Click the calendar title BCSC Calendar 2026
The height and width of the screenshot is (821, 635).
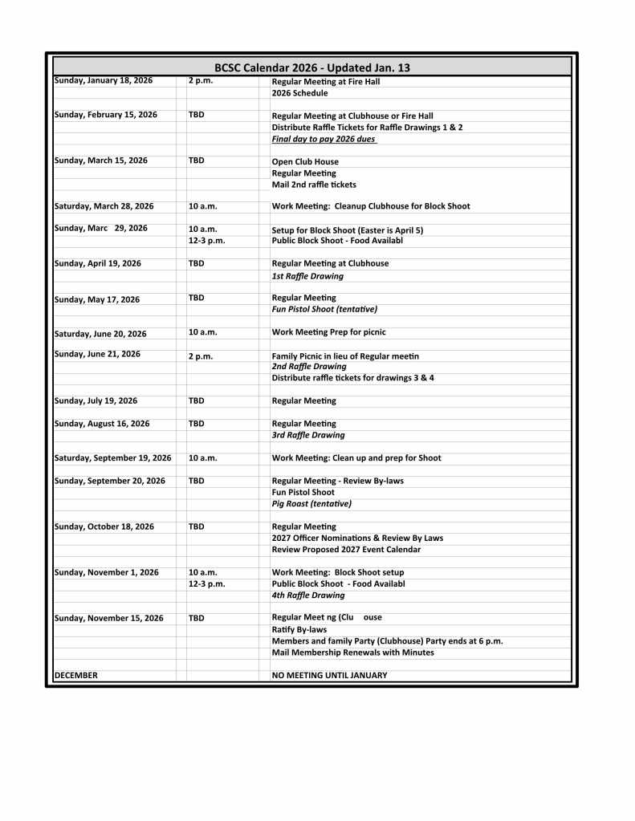coord(311,68)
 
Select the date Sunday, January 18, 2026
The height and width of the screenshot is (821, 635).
coord(103,81)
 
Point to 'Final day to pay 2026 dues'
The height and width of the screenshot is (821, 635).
coord(324,139)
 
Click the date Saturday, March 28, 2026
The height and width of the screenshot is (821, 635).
coord(104,206)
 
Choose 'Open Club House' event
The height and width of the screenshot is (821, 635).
coord(305,162)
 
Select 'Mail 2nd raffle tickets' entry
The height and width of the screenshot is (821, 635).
coord(314,185)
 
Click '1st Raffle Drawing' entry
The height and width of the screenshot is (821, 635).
coord(307,276)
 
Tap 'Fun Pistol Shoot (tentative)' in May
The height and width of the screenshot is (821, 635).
coord(324,309)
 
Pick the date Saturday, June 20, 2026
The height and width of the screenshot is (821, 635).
coord(100,334)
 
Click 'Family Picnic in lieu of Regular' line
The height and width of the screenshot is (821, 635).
coord(345,356)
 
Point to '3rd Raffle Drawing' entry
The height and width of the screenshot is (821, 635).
coord(308,435)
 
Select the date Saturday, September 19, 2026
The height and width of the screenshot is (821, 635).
coord(112,458)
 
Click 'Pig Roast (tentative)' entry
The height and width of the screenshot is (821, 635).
coord(311,504)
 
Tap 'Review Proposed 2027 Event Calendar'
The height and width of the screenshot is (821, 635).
coord(346,550)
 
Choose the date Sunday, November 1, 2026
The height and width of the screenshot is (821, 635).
coord(106,572)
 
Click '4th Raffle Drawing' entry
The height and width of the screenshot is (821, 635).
coord(308,595)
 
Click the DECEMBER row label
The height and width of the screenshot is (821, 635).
coord(75,676)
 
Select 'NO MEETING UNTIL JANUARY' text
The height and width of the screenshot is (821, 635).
coord(329,676)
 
